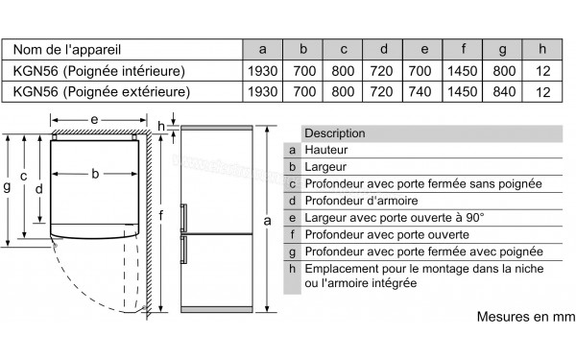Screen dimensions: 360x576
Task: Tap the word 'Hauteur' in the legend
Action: [x=324, y=150]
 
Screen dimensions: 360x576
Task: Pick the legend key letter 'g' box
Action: [x=291, y=251]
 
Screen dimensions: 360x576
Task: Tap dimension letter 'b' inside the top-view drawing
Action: [x=95, y=174]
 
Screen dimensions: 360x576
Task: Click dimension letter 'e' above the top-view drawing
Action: [x=93, y=120]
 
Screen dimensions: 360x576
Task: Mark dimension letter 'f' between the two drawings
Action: [x=164, y=214]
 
